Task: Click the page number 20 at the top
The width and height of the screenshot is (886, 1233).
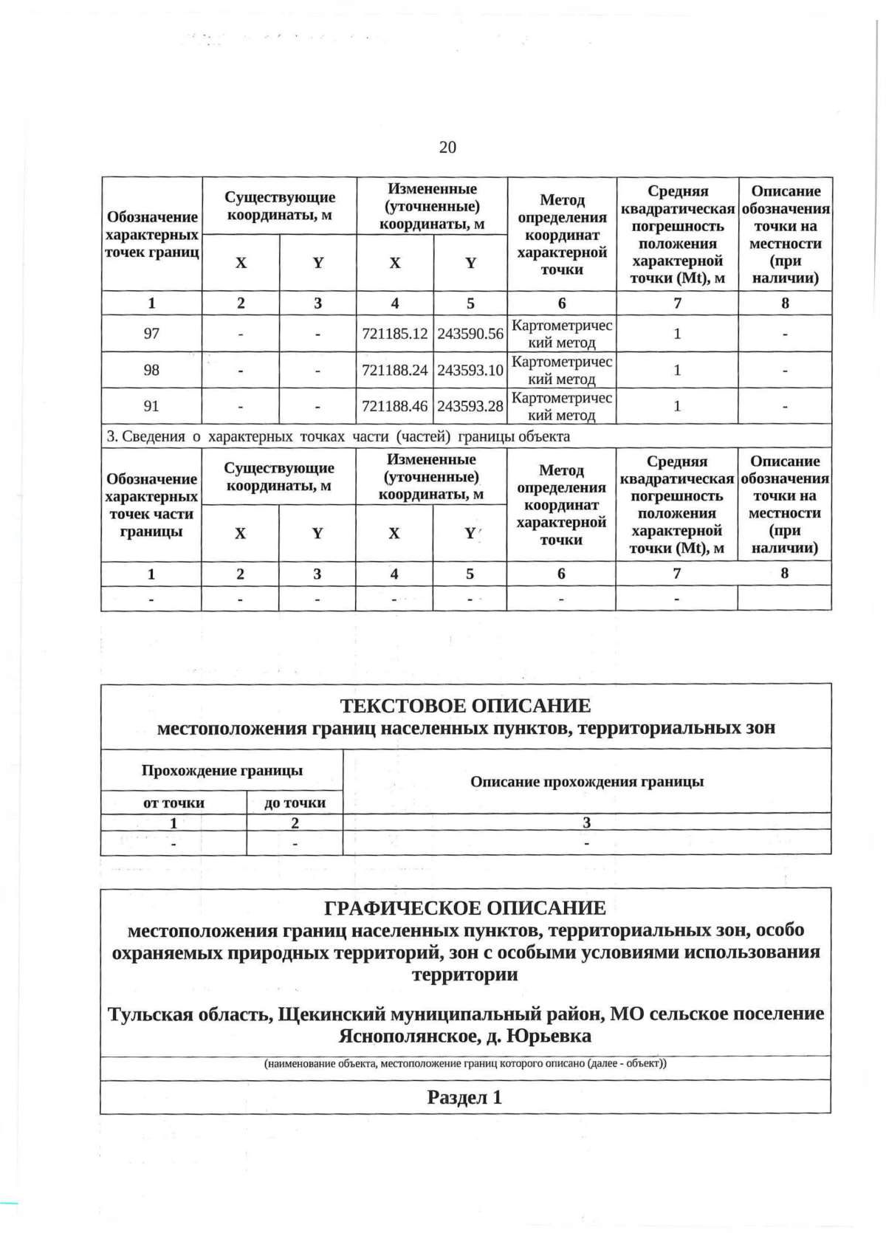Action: tap(447, 148)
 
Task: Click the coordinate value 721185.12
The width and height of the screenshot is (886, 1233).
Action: tap(395, 334)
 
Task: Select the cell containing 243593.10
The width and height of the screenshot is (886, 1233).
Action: tap(470, 370)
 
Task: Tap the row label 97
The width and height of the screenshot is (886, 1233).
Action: tap(151, 334)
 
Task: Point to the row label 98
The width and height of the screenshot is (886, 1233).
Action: tap(151, 370)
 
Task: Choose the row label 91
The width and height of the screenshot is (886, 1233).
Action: tap(151, 406)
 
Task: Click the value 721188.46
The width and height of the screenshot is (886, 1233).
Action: tap(395, 406)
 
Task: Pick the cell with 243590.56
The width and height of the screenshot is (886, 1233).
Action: tap(470, 334)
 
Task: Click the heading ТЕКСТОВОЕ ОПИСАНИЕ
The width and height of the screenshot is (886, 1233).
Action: tap(465, 706)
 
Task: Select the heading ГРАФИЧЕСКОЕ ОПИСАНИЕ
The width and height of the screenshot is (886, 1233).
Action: tap(465, 907)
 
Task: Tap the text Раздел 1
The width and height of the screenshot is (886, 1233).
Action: tap(464, 1097)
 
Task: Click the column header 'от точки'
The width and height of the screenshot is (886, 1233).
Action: tap(174, 803)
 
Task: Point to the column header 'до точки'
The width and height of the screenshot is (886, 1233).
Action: tap(295, 803)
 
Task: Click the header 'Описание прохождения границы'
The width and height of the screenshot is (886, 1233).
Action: tap(587, 781)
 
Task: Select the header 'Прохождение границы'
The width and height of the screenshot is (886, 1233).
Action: tap(222, 771)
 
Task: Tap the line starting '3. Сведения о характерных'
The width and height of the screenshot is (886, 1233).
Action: tap(338, 436)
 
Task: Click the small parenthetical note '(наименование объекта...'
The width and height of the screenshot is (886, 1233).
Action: tap(465, 1064)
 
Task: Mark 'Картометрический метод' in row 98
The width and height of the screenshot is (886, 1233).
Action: tap(562, 370)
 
